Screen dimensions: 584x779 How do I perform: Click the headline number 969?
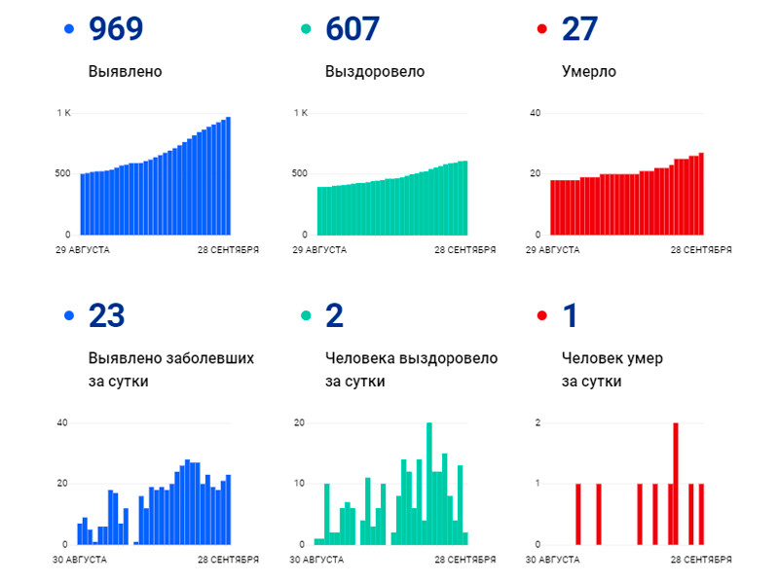coord(115,30)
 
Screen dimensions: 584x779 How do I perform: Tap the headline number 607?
coord(352,30)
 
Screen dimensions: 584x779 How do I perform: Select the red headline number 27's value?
coord(579,30)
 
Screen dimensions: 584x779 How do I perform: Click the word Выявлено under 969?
coord(125,72)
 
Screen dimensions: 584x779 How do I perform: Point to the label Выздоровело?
coord(375,72)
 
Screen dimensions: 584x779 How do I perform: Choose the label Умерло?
coord(589,72)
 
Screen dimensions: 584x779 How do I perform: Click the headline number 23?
coord(106,316)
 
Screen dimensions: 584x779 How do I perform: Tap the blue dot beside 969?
coord(67,30)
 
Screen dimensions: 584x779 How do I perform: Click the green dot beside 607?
coord(305,30)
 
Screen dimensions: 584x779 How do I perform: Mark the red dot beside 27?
coord(541,30)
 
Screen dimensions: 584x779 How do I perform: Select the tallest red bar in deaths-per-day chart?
coord(675,484)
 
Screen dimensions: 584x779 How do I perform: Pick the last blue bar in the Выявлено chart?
coord(228,176)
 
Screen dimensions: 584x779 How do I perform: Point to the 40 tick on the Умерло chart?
coord(535,114)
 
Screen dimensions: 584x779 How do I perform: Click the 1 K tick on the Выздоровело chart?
coord(301,114)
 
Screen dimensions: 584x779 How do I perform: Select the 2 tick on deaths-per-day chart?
coord(538,422)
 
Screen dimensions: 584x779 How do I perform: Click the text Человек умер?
coord(612,358)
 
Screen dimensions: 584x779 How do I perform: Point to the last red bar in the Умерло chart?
coord(701,194)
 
